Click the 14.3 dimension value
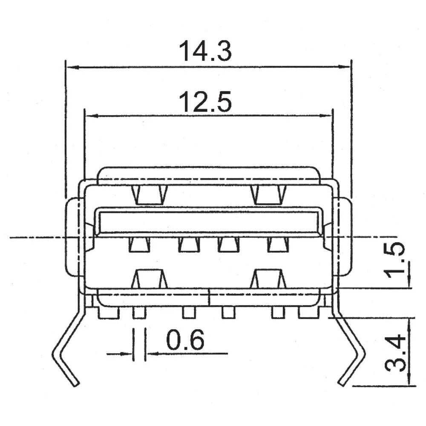tap(205, 51)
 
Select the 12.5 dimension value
tap(205, 103)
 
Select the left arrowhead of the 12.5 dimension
tap(90, 115)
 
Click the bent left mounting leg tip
tap(75, 383)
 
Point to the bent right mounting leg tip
tap(342, 383)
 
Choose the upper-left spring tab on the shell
tap(150, 195)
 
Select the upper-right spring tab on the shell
tap(268, 195)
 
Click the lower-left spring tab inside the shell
tap(150, 279)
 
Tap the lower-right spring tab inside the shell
tap(268, 279)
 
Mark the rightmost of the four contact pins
tap(278, 245)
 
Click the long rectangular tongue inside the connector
tap(208, 222)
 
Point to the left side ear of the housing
tap(73, 236)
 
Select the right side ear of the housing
tap(344, 236)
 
